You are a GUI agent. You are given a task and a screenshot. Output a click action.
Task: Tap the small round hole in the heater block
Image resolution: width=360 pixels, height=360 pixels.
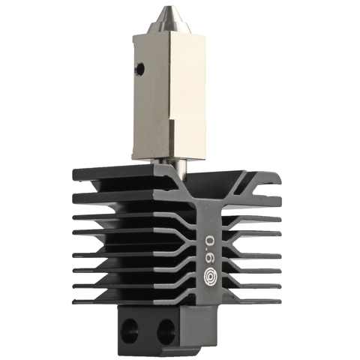(139, 68)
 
